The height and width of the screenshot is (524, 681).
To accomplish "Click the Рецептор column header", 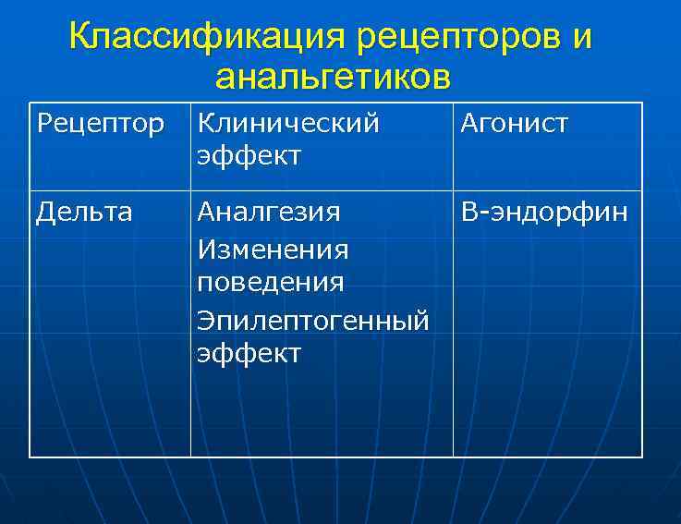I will [100, 124].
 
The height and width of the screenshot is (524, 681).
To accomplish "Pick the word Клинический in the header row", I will [287, 124].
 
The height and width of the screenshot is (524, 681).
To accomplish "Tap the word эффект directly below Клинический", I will [249, 155].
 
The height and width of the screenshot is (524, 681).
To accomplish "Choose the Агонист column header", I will [514, 124].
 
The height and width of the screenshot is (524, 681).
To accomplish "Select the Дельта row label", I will [84, 213].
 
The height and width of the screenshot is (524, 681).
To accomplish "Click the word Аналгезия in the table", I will [269, 213].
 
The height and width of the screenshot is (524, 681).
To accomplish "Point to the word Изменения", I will [273, 249].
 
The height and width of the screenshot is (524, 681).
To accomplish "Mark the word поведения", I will [270, 282].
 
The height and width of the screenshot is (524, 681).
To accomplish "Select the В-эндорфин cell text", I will [544, 213].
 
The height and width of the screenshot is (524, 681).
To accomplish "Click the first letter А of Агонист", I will [468, 124].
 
